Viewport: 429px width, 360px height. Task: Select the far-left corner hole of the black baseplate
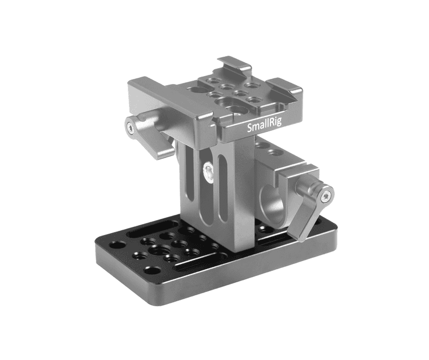pos(118,245)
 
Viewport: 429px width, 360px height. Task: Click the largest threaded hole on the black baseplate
pos(156,250)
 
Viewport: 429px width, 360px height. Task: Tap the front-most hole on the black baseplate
pos(152,269)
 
